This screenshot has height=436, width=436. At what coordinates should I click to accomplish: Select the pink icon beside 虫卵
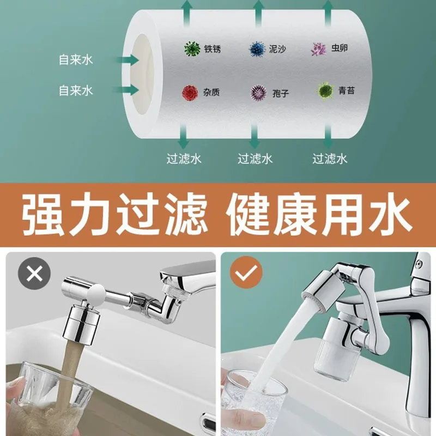coord(318,49)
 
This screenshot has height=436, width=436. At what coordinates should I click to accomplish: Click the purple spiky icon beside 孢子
coord(258,93)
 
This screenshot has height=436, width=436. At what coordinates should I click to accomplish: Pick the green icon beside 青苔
coord(325,90)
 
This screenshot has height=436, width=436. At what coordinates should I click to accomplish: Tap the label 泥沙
coord(278,49)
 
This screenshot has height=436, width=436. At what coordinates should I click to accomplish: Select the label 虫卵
coord(340,49)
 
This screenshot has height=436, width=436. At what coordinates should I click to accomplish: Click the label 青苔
coord(346,90)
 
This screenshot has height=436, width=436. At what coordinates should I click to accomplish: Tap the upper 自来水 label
coord(76,59)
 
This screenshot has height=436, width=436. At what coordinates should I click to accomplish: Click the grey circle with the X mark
coord(34,273)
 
